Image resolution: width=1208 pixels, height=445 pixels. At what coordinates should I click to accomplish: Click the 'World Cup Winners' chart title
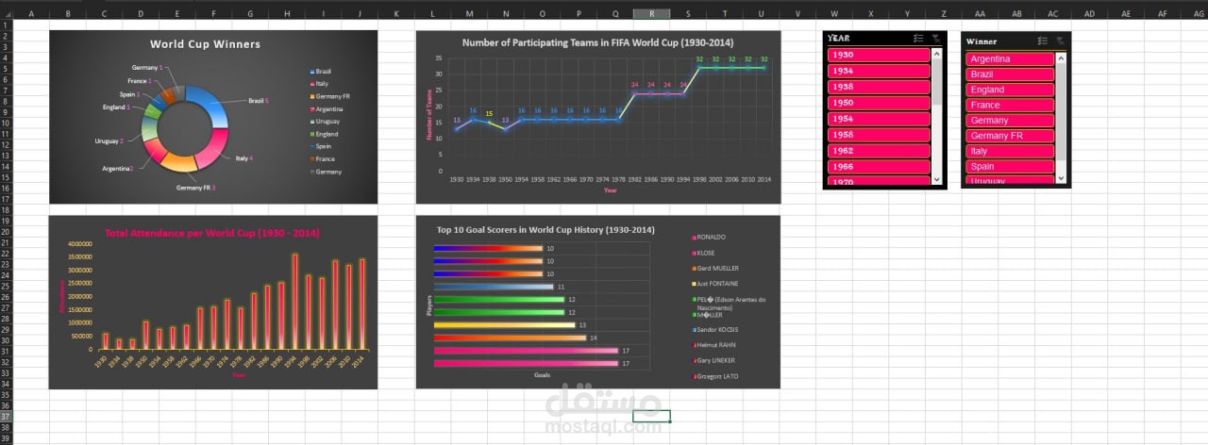coord(205,44)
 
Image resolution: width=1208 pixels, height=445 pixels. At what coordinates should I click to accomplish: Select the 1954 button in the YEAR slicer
coord(879,119)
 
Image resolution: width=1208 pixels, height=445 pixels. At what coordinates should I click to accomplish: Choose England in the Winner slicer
coord(1010,90)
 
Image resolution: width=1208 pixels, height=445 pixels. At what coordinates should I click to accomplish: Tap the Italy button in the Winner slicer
coord(1010,151)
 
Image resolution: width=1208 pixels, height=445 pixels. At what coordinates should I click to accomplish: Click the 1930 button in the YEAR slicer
coord(879,55)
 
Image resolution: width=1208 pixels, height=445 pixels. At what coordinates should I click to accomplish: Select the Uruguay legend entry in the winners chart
coord(326,122)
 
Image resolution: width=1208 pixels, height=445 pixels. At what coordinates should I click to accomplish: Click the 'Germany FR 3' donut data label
coord(195,188)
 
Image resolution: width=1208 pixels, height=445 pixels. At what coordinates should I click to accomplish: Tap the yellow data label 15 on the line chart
coord(489,114)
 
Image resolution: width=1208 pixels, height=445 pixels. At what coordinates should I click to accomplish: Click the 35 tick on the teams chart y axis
coord(439,58)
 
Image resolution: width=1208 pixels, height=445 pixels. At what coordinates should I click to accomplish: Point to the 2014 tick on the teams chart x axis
coord(763,178)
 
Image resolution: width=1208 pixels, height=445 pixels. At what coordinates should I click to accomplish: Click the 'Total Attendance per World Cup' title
coord(211,233)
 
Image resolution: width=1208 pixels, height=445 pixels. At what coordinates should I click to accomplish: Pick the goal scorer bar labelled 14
coord(510,338)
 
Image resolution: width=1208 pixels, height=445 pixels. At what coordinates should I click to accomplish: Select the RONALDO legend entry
coord(711,238)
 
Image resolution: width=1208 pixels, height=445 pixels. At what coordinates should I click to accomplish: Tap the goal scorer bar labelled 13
coord(504,325)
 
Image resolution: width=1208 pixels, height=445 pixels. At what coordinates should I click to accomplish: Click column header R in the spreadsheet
coord(652,14)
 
